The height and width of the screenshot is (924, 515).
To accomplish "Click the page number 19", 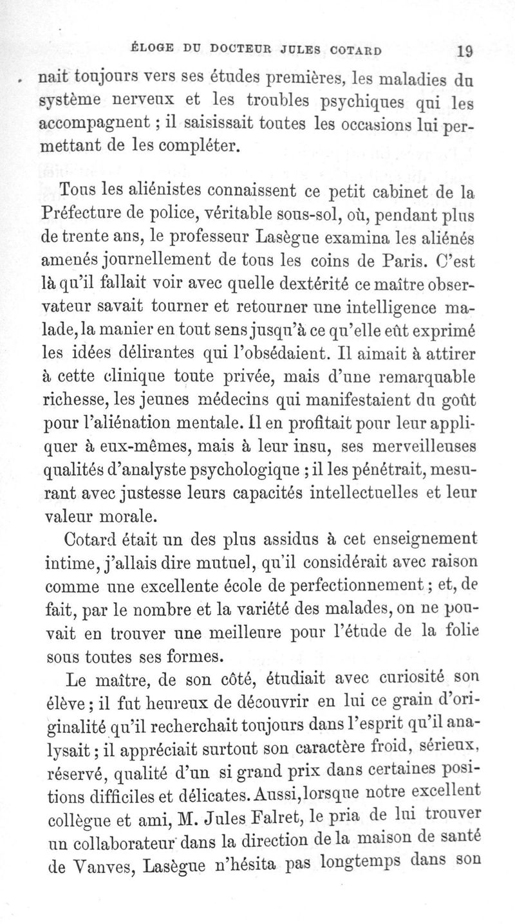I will (x=464, y=51).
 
